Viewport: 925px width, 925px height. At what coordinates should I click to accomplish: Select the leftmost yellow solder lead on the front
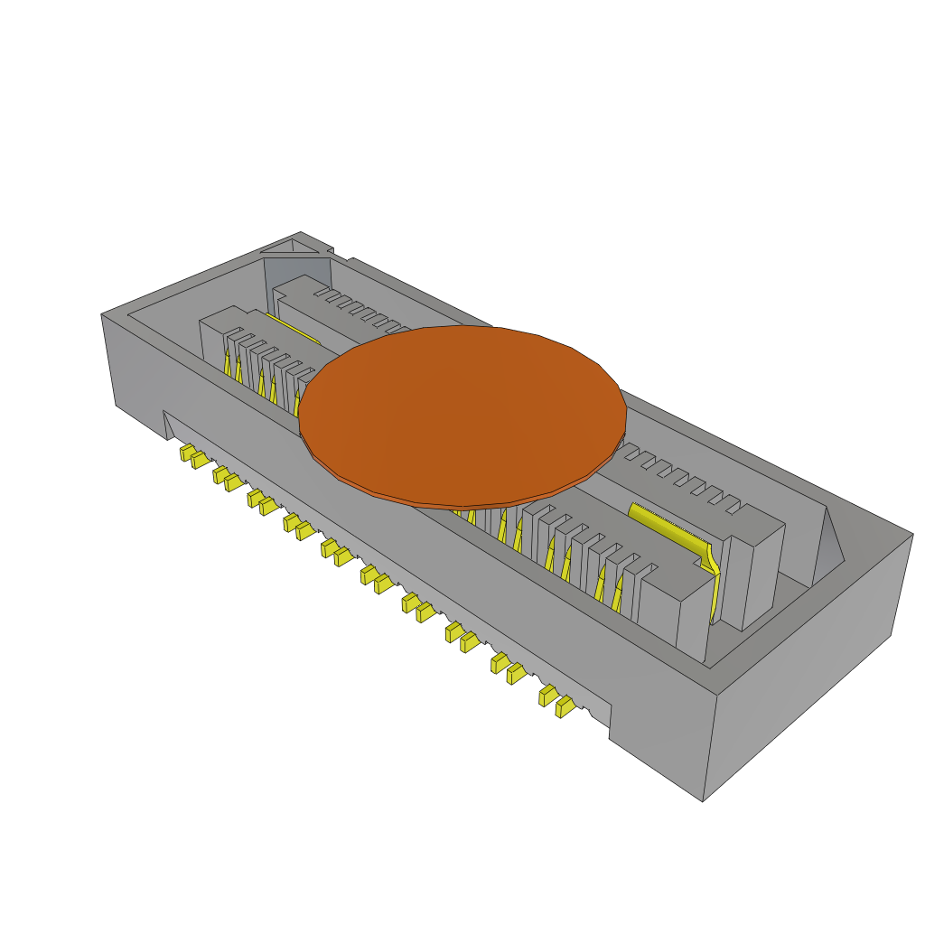186,451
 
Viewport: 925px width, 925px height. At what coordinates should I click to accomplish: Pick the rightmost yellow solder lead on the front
565,706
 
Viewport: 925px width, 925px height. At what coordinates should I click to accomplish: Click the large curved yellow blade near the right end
673,532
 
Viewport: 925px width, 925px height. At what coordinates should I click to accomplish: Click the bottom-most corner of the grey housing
703,799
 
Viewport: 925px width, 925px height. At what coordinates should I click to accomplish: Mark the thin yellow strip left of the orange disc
294,330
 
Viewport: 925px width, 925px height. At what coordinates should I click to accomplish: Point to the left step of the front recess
168,425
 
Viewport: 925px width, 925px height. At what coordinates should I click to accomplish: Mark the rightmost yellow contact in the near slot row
618,596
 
